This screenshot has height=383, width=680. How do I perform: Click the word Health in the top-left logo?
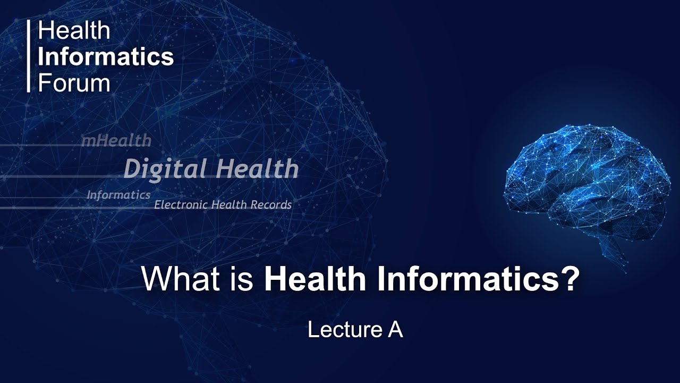(74, 31)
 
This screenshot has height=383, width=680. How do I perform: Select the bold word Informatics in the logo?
(106, 57)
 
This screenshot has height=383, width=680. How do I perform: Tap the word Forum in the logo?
(74, 83)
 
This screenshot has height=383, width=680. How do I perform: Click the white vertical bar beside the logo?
(29, 56)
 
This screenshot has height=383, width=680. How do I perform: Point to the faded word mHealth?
(116, 141)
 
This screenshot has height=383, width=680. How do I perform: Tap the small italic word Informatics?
(118, 195)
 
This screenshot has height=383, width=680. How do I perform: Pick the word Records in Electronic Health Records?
(271, 205)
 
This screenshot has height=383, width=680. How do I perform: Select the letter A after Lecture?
(395, 330)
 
